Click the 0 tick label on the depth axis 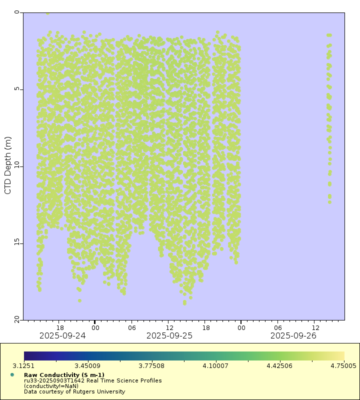point(16,12)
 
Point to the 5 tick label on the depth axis point(16,89)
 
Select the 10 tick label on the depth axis point(15,165)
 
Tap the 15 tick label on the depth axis point(15,242)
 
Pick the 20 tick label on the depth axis point(15,319)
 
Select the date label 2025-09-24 point(62,336)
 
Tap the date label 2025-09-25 point(169,336)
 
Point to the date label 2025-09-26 point(293,336)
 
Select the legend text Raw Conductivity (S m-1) point(64,375)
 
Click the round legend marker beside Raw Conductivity point(12,374)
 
